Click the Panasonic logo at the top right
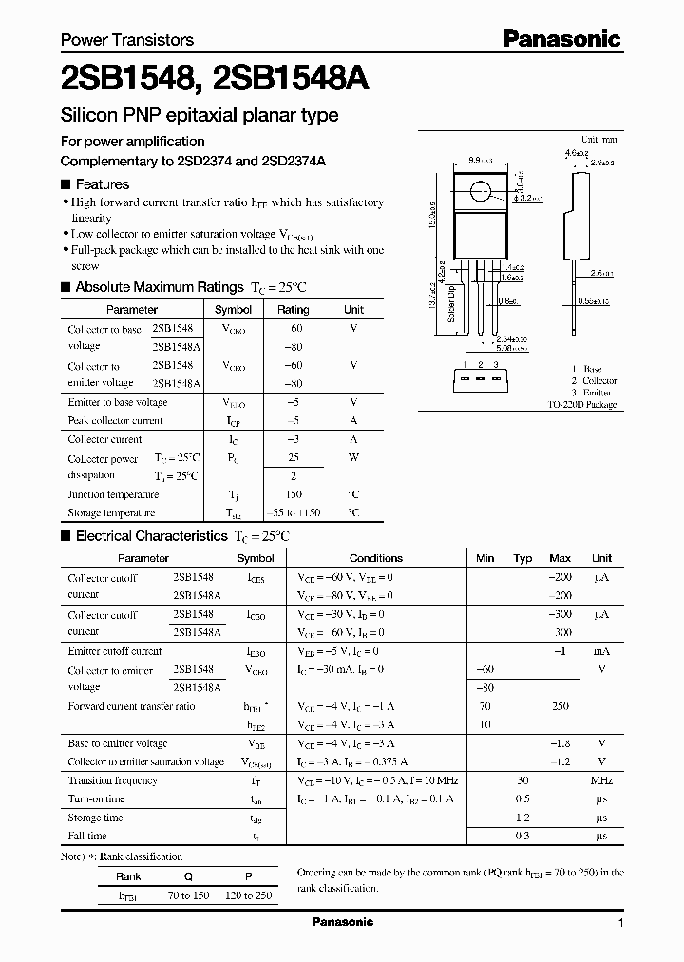pos(560,39)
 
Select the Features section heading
pos(102,184)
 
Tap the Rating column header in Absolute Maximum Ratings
pos(293,310)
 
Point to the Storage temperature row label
pos(111,513)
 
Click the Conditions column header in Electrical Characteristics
pos(376,558)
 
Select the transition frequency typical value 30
pos(522,781)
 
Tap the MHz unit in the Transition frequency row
pos(600,781)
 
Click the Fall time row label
pos(87,836)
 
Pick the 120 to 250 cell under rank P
pos(251,895)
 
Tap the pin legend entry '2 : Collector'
pos(595,380)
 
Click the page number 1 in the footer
pos(621,923)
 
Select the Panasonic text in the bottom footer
pos(343,922)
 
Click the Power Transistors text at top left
pos(127,40)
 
